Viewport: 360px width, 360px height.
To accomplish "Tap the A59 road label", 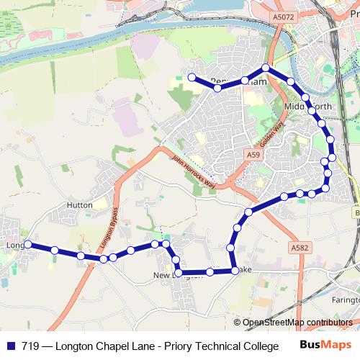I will [x=251, y=155].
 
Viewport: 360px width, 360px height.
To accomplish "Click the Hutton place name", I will [x=79, y=205].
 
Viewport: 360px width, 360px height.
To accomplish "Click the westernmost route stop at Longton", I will [x=27, y=245].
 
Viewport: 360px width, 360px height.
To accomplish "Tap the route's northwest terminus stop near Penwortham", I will [x=192, y=77].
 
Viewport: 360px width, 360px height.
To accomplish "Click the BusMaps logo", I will [x=321, y=345].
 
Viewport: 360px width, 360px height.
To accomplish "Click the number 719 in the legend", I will [x=31, y=346].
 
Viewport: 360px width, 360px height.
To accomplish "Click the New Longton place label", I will [x=173, y=276].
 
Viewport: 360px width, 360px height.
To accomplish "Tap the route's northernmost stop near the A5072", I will [x=266, y=68].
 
